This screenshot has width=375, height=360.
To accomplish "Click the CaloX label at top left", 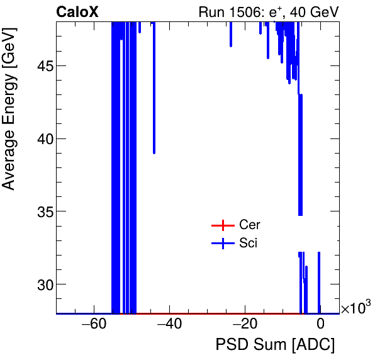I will click(77, 12).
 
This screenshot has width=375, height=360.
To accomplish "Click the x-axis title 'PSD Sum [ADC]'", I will click(275, 345).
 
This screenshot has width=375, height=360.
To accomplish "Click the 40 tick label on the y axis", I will click(41, 138).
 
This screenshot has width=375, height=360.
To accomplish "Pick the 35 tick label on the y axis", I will click(41, 211).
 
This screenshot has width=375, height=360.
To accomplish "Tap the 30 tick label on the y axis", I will click(41, 284).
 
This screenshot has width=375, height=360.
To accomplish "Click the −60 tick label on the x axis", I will click(93, 325).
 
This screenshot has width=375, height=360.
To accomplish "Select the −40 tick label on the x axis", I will click(169, 325).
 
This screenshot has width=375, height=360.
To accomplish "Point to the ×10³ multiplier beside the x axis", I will click(355, 308).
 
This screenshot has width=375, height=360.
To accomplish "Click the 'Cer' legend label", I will click(250, 225).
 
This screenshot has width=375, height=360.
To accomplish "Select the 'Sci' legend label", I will click(249, 244).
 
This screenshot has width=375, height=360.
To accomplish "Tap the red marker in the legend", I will click(221, 225).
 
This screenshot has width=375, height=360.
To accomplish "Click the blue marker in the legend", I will click(221, 244).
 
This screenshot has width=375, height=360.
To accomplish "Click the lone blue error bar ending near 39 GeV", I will click(154, 88).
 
